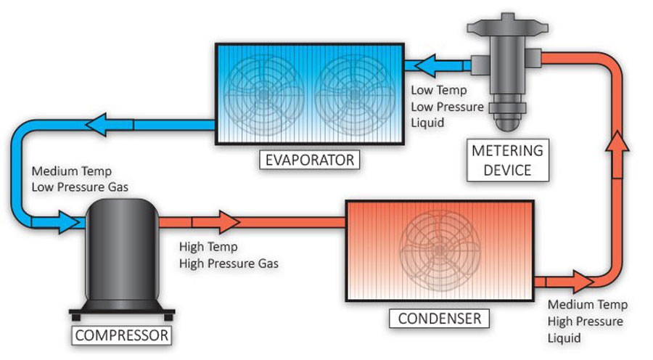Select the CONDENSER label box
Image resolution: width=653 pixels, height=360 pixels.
440,318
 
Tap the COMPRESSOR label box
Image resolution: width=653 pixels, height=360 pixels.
122,335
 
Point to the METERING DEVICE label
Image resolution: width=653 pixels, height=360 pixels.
507,160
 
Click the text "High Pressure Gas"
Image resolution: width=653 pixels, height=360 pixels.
229,262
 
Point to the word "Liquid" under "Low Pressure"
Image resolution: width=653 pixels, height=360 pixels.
428,122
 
